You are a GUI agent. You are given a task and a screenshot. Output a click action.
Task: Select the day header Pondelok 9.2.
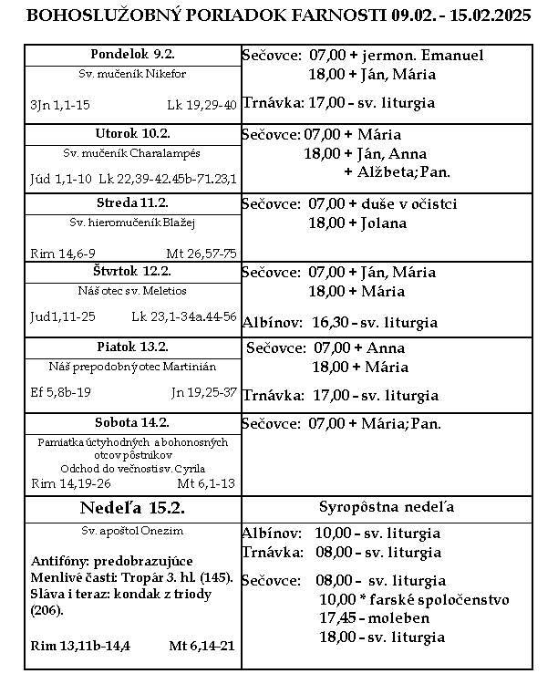click(x=132, y=54)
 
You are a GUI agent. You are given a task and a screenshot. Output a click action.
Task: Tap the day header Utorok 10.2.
click(x=132, y=133)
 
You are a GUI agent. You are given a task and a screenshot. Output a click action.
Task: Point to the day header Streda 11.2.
click(x=132, y=202)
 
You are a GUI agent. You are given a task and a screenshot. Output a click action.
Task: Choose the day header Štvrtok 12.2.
click(x=132, y=271)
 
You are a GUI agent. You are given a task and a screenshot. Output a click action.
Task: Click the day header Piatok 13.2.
click(x=132, y=347)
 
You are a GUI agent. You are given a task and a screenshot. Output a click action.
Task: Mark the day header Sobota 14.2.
click(x=132, y=422)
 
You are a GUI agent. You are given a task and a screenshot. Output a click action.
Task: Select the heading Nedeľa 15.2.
click(x=133, y=508)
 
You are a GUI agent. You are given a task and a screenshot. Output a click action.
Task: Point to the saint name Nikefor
click(x=168, y=73)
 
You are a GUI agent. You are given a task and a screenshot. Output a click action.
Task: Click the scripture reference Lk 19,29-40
click(x=202, y=106)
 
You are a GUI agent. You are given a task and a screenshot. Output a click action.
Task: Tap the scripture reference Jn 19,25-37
click(x=204, y=392)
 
